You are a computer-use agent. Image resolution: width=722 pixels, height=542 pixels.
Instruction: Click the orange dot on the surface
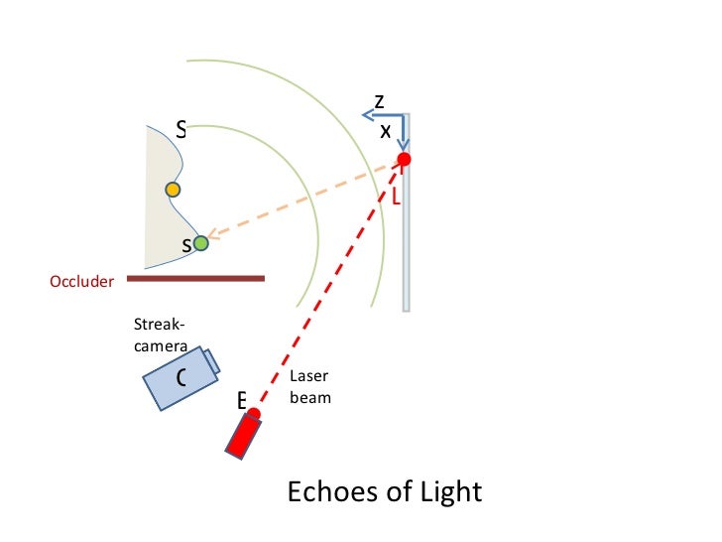(x=173, y=189)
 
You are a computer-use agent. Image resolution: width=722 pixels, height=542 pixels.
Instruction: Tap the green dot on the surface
(x=201, y=242)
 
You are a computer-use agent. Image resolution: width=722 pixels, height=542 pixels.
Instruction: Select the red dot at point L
(x=404, y=159)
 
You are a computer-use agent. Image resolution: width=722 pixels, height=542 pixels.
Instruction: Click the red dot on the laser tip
(x=254, y=414)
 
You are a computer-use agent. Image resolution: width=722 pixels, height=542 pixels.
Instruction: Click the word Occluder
(x=82, y=282)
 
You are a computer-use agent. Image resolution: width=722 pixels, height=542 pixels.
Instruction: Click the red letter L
(x=396, y=198)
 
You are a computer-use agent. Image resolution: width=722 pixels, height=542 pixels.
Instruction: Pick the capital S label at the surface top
(x=180, y=128)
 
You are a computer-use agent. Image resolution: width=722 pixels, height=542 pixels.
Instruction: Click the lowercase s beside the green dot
(x=185, y=246)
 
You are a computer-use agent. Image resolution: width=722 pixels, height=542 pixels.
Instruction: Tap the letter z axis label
(x=379, y=101)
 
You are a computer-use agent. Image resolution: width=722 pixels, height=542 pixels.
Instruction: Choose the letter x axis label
(x=386, y=130)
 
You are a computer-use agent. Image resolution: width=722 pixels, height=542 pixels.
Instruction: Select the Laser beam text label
(x=309, y=387)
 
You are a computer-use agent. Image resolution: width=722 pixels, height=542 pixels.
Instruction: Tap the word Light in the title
(x=445, y=491)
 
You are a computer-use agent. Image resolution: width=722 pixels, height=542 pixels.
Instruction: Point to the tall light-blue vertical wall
(x=406, y=238)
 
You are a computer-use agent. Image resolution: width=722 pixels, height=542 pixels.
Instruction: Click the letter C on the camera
(x=180, y=378)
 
